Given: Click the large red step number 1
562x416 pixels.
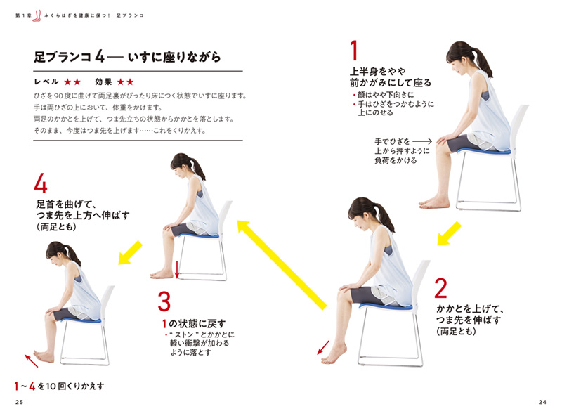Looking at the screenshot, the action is [354, 51].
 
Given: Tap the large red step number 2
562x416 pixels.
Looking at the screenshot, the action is [441, 288].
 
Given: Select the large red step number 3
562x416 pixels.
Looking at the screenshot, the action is [164, 301].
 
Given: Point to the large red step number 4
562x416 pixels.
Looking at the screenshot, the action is [41, 183].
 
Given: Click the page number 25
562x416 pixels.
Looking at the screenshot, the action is [20, 402].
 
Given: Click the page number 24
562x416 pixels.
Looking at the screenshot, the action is [542, 402].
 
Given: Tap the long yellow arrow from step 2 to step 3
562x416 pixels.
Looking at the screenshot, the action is [282, 265].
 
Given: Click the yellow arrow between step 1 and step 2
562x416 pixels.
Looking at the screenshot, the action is [449, 233].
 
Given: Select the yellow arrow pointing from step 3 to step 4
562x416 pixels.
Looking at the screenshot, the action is [130, 253].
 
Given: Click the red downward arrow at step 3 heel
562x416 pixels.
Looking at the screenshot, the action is [177, 269].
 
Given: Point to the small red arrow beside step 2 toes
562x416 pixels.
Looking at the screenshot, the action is [323, 347].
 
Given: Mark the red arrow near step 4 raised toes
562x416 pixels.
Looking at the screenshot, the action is [32, 360].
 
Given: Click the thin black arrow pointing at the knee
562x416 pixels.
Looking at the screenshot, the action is [422, 141].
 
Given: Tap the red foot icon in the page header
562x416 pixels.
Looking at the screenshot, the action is [37, 15].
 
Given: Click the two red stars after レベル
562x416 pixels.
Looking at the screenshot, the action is [72, 82].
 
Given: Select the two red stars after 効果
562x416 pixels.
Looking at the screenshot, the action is [126, 82].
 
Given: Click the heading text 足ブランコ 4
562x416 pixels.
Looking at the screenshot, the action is [69, 57].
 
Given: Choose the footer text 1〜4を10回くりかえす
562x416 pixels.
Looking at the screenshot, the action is [59, 386].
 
